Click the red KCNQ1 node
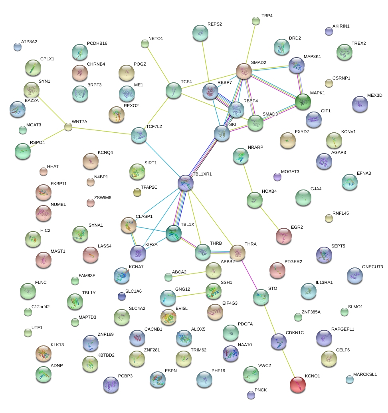[297, 385]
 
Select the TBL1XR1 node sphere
[186, 182]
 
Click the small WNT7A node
[68, 127]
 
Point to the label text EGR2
[297, 227]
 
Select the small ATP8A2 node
[18, 47]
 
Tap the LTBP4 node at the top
[256, 21]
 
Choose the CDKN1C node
[278, 341]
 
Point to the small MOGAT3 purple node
[277, 177]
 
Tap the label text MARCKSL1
[365, 374]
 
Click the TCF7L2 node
[139, 136]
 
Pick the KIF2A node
[138, 253]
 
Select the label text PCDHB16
[97, 43]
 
